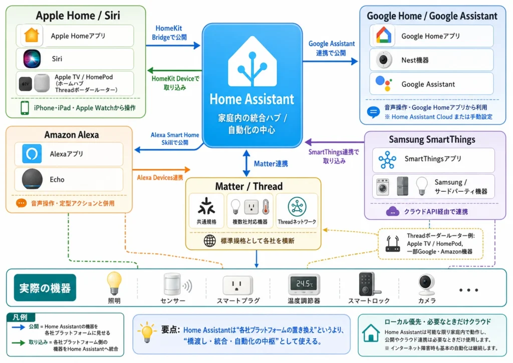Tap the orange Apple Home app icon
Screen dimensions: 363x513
tap(31, 36)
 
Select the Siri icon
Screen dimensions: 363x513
tap(31, 59)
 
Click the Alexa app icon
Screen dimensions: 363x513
tap(32, 154)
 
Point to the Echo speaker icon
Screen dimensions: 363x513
tap(32, 179)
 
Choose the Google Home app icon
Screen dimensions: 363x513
tap(386, 36)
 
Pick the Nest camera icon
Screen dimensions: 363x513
tap(385, 60)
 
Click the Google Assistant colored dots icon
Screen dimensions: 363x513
tap(385, 84)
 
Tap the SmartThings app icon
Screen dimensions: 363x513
tap(387, 159)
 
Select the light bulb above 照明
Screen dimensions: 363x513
tap(114, 283)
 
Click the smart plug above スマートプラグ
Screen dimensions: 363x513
tap(237, 285)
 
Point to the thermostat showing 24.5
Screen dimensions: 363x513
tap(304, 284)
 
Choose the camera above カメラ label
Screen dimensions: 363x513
tap(426, 284)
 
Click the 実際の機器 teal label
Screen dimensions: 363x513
tap(45, 288)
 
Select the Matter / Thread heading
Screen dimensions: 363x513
tap(248, 186)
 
